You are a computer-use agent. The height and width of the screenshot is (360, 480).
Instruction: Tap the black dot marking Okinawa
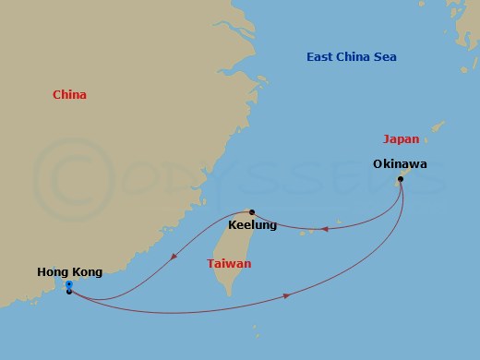(x=400, y=179)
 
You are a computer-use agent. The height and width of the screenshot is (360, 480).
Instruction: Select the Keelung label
(x=252, y=224)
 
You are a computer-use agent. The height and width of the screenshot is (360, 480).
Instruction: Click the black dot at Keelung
(x=252, y=211)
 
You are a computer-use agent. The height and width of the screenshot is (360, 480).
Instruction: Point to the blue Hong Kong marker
(x=69, y=285)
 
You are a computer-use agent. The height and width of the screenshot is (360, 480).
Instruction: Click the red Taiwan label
(x=228, y=263)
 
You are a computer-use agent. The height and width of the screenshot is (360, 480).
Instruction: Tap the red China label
(x=70, y=94)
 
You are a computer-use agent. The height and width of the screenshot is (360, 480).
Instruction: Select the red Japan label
(x=401, y=139)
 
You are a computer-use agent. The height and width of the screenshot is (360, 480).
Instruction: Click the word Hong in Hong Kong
(x=53, y=272)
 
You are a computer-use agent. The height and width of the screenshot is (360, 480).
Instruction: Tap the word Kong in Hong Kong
(x=86, y=272)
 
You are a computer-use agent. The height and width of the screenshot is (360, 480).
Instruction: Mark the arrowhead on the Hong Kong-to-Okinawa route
(x=288, y=295)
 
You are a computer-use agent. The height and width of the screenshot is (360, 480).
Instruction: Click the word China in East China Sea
(x=355, y=57)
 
